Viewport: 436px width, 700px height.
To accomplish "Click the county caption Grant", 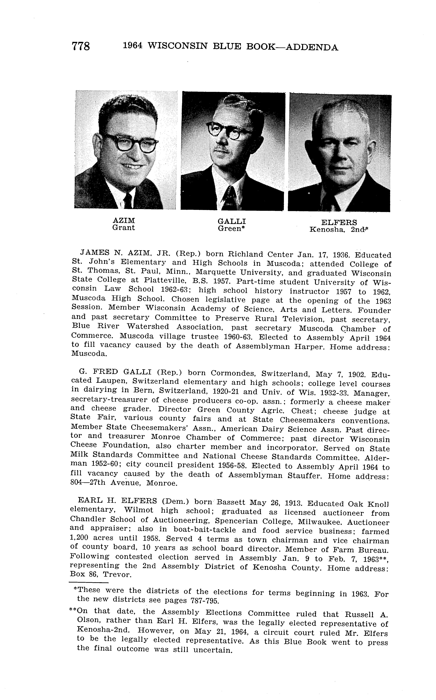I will pyautogui.click(x=123, y=228).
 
